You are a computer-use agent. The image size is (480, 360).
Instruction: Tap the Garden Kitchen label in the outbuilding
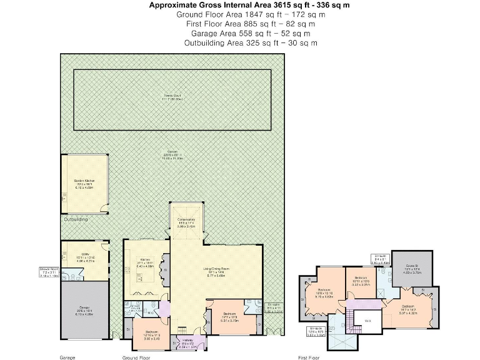[x=84, y=185]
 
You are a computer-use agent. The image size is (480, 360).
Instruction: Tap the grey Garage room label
[x=84, y=312]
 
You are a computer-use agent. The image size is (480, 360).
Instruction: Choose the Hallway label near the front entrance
[x=187, y=342]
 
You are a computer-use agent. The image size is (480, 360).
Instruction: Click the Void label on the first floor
[x=367, y=322]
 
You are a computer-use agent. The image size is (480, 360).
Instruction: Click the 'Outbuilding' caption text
[x=76, y=219]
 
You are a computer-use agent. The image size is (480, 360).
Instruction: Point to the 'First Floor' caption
[x=309, y=357]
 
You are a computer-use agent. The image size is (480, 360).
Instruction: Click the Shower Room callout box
[x=49, y=272]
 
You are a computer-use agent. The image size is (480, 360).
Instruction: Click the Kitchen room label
[x=145, y=264]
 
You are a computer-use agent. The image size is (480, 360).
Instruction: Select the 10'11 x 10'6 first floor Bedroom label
[x=361, y=279]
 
